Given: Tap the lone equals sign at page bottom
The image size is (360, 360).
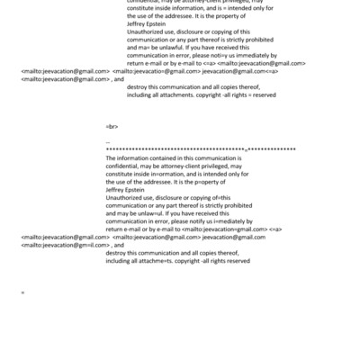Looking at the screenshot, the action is click(x=22, y=293).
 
